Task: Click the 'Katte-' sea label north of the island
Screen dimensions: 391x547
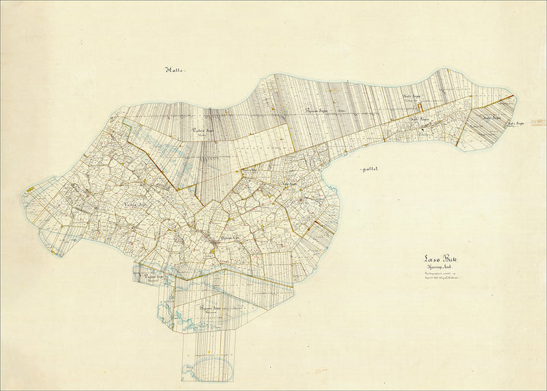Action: point(176,70)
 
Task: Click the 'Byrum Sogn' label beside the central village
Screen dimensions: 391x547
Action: point(226,237)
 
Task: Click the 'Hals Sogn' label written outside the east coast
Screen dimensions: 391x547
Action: point(515,124)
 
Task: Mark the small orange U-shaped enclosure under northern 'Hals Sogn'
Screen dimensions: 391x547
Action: point(421,106)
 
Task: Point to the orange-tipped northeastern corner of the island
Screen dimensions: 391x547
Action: point(512,96)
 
